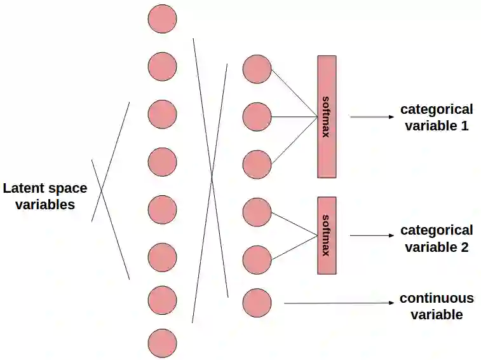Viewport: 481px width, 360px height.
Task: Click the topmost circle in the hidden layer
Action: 162,19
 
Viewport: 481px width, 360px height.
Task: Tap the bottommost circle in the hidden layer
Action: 162,343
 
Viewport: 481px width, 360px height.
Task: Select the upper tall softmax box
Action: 327,116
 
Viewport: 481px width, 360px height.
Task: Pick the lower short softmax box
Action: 327,235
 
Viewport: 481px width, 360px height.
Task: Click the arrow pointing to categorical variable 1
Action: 372,117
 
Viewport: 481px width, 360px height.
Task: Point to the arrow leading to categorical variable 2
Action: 372,235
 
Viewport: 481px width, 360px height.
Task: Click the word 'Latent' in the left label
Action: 23,189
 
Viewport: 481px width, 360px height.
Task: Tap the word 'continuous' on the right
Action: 437,298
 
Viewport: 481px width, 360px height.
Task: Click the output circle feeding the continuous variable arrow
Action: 257,303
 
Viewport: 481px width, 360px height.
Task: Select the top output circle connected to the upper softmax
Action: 257,69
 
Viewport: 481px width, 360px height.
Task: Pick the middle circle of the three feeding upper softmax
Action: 257,117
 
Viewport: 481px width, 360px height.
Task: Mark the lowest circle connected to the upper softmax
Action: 257,164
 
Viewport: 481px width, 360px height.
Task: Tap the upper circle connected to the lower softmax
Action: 257,212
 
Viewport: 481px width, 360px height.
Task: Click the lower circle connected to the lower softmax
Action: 257,260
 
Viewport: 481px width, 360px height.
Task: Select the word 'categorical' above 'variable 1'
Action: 437,109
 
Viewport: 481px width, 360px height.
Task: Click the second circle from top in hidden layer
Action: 162,66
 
